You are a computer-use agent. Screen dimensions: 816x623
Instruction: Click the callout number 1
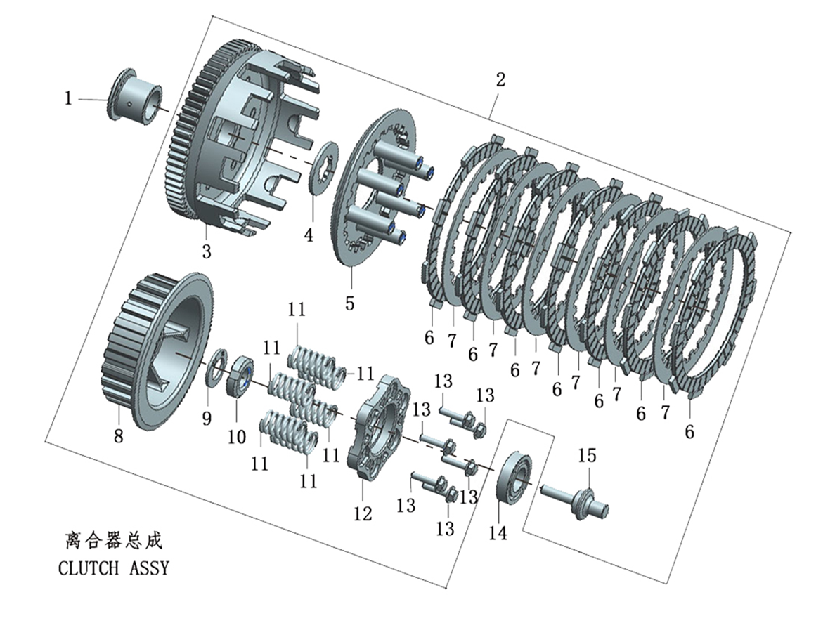pyautogui.click(x=68, y=98)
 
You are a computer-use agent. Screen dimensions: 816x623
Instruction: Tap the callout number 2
pyautogui.click(x=500, y=79)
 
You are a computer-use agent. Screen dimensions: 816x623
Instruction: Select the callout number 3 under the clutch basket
pyautogui.click(x=207, y=251)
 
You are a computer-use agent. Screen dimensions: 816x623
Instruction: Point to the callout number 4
pyautogui.click(x=309, y=235)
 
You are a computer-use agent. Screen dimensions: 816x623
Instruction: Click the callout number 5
pyautogui.click(x=350, y=303)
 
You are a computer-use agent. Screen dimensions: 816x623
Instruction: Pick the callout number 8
pyautogui.click(x=119, y=435)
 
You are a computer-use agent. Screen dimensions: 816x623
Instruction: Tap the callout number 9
pyautogui.click(x=207, y=418)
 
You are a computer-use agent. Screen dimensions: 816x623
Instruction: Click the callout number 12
pyautogui.click(x=363, y=513)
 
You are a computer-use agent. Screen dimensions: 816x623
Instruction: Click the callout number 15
pyautogui.click(x=587, y=456)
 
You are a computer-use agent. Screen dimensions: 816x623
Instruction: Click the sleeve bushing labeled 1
pyautogui.click(x=136, y=95)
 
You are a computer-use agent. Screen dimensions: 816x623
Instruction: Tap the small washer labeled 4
pyautogui.click(x=323, y=167)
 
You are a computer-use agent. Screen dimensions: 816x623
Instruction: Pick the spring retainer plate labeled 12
pyautogui.click(x=379, y=426)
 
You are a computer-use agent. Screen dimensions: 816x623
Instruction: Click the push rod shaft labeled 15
pyautogui.click(x=574, y=501)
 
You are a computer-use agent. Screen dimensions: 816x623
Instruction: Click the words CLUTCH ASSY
pyautogui.click(x=114, y=568)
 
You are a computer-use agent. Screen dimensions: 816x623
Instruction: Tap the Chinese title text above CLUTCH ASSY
pyautogui.click(x=114, y=540)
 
